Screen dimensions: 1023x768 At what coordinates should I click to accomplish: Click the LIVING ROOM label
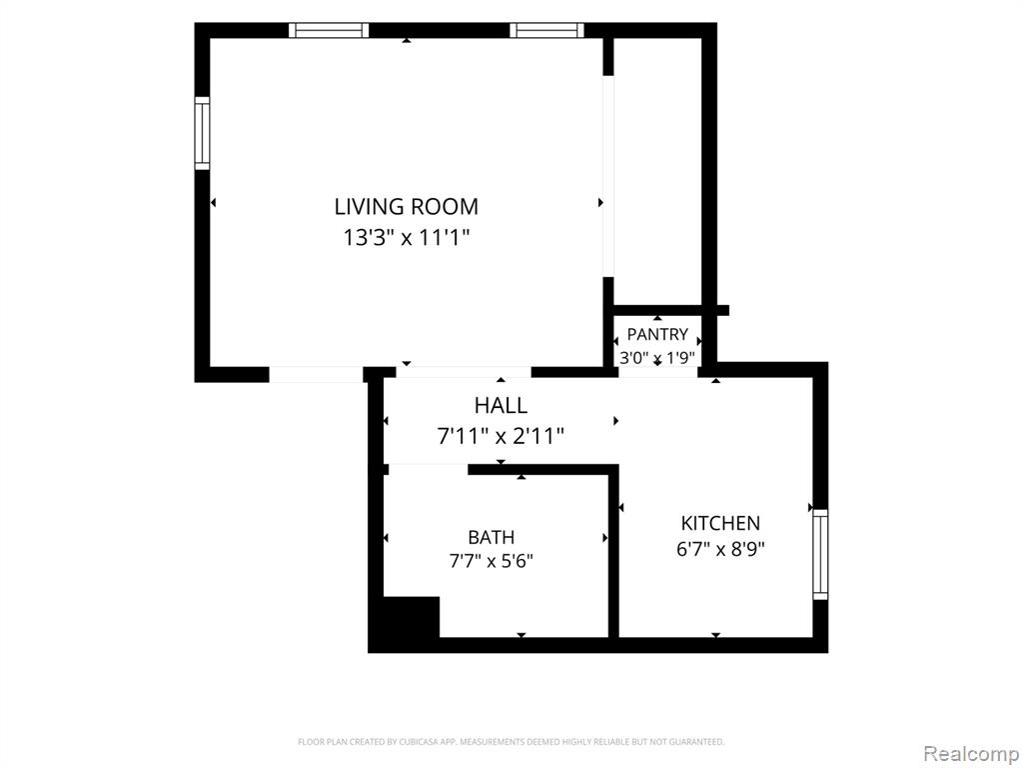click(x=406, y=206)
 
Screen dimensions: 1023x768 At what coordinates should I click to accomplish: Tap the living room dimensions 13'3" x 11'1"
click(x=407, y=237)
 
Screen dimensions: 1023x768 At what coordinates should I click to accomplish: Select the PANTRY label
click(x=657, y=334)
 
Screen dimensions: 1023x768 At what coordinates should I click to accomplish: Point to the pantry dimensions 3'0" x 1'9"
click(x=657, y=358)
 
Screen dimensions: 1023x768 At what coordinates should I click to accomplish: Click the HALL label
click(x=501, y=406)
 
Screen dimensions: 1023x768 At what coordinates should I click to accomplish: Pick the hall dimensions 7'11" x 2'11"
click(x=501, y=436)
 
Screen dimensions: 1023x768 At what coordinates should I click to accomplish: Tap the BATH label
click(x=491, y=537)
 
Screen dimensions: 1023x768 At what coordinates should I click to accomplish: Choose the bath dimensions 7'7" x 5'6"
click(x=491, y=561)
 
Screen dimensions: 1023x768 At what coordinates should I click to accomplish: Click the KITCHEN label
click(x=720, y=523)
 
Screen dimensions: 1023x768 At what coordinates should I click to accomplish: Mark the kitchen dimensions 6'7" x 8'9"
click(x=720, y=549)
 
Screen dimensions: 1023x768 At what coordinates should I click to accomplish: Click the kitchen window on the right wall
click(x=820, y=554)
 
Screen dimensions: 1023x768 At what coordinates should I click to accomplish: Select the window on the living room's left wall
click(x=202, y=133)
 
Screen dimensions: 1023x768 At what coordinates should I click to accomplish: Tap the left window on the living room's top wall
click(x=329, y=30)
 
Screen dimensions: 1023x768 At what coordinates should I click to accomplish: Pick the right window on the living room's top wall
click(x=546, y=30)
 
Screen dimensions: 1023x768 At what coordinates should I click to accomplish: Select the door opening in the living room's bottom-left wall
click(x=316, y=374)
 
